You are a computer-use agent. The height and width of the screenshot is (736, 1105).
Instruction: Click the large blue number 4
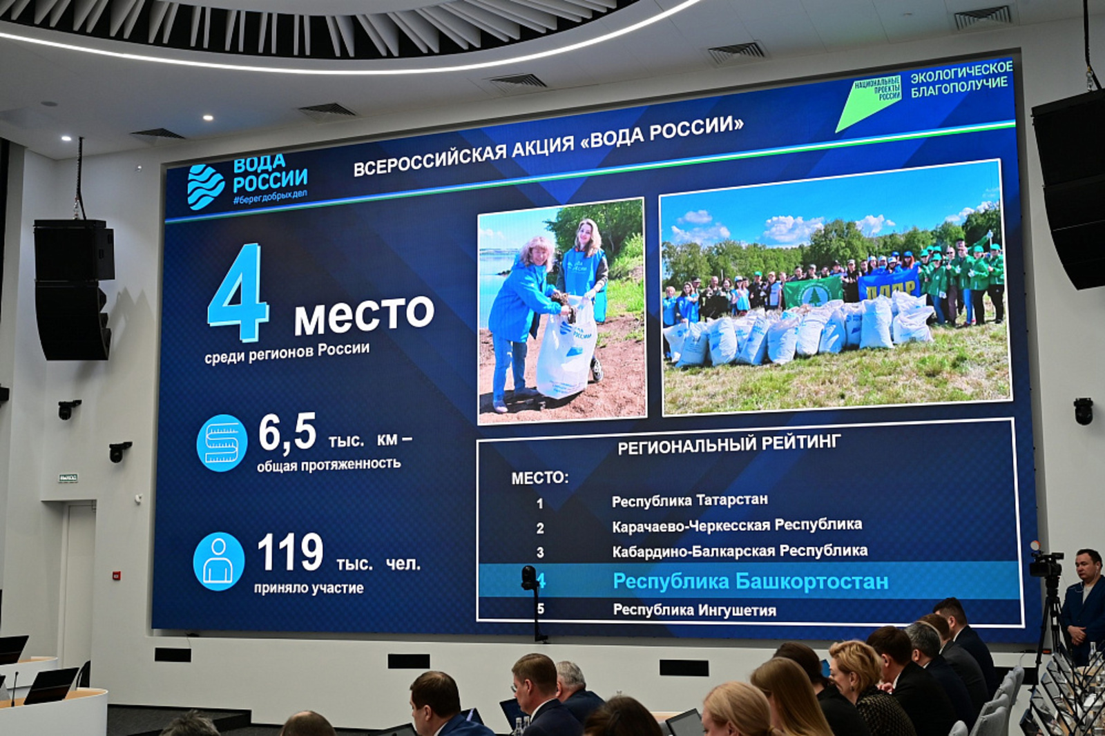coord(238,293)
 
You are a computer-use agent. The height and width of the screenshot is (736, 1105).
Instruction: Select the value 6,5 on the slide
coord(287,432)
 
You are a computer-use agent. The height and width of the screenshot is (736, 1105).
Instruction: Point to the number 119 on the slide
coord(289,552)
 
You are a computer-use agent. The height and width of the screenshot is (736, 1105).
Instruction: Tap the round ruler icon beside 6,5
coord(222,443)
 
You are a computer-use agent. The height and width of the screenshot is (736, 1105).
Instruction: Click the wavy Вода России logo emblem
coord(206,186)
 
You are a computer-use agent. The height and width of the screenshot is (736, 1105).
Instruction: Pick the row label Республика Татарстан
coord(689,500)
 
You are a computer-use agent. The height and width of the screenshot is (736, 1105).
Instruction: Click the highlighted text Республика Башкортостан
coord(750,581)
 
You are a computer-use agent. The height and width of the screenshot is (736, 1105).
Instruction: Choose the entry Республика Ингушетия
coord(694,610)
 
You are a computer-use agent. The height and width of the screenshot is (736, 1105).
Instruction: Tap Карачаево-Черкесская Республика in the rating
coord(736,525)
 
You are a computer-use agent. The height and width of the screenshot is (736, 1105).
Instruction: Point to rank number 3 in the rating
coord(540,552)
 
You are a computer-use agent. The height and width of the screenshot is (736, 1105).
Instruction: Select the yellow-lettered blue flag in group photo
coord(890,283)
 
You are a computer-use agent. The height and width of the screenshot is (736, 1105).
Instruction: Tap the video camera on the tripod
coord(1046,564)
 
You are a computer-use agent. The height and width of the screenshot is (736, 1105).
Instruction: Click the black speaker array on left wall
coord(73,290)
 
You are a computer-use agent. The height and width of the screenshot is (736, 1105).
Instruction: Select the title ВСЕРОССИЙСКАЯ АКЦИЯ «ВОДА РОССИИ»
coord(548,146)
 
